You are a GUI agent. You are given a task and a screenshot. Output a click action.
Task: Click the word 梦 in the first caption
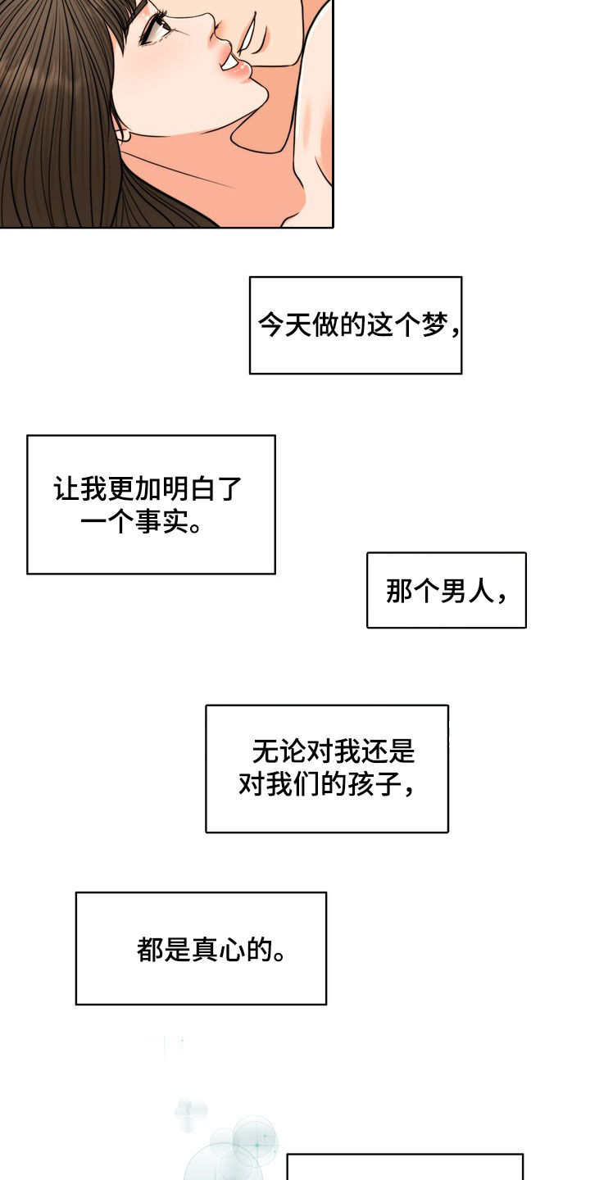click(434, 325)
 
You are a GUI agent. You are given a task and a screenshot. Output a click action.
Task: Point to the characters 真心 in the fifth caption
click(219, 950)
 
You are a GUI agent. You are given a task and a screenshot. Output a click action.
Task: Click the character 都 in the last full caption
click(152, 950)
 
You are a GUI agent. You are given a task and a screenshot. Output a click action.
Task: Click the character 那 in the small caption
click(400, 591)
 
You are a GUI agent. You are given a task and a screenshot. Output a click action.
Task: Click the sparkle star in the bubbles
click(256, 1141)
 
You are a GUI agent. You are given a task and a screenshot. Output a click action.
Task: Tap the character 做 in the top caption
click(328, 325)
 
